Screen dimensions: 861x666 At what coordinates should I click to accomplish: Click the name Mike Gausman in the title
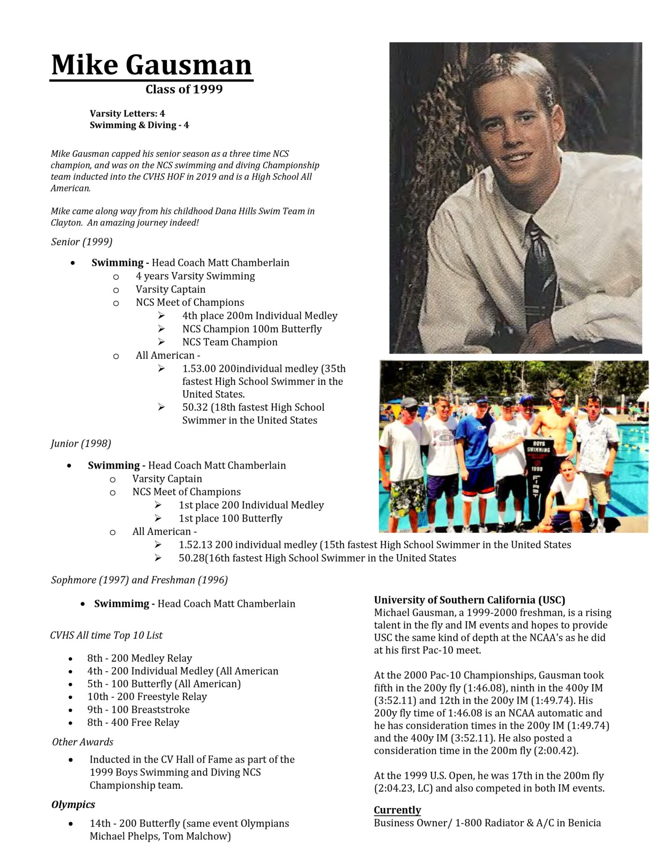(x=151, y=65)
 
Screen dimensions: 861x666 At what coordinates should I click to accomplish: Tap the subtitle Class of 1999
(x=184, y=89)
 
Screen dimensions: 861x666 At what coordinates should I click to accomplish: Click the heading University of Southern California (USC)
(x=469, y=600)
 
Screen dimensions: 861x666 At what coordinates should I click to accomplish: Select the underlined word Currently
(x=397, y=810)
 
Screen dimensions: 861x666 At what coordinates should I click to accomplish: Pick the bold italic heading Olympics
(x=73, y=804)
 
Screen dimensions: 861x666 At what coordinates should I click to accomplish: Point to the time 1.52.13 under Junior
(x=195, y=545)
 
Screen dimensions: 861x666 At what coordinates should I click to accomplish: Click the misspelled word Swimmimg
(x=121, y=604)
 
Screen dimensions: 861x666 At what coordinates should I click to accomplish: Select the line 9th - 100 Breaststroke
(x=138, y=709)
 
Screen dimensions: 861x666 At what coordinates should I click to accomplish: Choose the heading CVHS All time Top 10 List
(x=106, y=635)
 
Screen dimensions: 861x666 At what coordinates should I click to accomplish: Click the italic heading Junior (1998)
(x=81, y=444)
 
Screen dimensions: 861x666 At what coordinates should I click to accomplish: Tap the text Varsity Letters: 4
(x=127, y=113)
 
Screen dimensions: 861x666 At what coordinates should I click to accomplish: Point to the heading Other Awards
(x=83, y=742)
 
